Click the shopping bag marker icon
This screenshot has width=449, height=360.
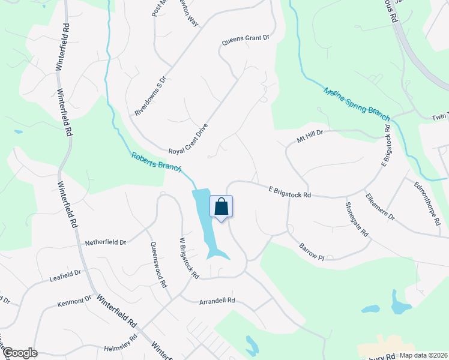221,206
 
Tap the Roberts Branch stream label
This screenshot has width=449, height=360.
156,163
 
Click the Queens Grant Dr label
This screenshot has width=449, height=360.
246,38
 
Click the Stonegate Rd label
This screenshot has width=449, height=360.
357,219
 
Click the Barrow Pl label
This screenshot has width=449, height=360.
312,252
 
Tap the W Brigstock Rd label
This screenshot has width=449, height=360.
190,258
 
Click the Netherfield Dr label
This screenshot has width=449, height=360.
106,242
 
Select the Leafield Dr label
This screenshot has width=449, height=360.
65,275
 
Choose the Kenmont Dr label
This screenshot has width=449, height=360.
74,300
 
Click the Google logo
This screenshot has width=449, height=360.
19,353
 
